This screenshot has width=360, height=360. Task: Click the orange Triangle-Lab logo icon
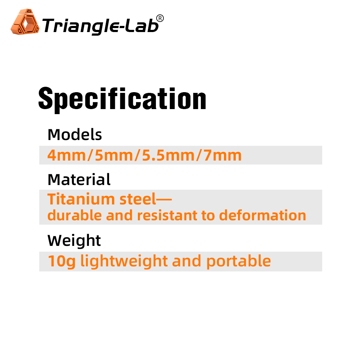click(25, 22)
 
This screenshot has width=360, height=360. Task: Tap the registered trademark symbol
click(160, 18)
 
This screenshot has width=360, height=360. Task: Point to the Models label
click(75, 135)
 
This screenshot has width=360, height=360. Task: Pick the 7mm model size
click(222, 156)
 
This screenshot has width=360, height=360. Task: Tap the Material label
click(79, 179)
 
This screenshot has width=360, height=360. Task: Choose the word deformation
click(262, 215)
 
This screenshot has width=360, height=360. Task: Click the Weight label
click(74, 241)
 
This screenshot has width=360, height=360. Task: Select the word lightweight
click(124, 261)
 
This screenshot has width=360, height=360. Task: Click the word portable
click(239, 261)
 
